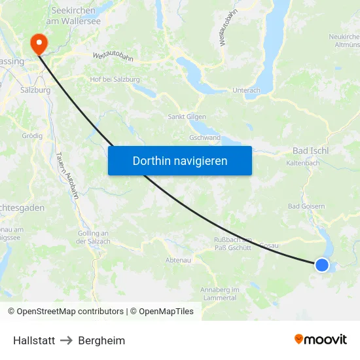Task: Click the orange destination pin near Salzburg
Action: [x=39, y=43]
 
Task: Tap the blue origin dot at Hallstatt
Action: [x=322, y=264]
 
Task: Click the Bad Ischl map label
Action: [x=310, y=151]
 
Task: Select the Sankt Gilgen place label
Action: [x=188, y=117]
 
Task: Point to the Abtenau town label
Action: [x=178, y=260]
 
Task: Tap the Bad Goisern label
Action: [x=306, y=206]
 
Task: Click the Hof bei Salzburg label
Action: [x=115, y=79]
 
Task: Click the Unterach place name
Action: [x=246, y=90]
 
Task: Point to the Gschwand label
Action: [x=204, y=138]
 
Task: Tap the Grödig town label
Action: [x=32, y=135]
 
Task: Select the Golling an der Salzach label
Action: [x=92, y=238]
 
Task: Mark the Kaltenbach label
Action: [x=302, y=164]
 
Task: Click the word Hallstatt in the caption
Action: [x=34, y=340]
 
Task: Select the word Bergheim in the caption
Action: [x=101, y=340]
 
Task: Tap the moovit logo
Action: [x=321, y=339]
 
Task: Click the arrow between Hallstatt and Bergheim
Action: [x=67, y=340]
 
